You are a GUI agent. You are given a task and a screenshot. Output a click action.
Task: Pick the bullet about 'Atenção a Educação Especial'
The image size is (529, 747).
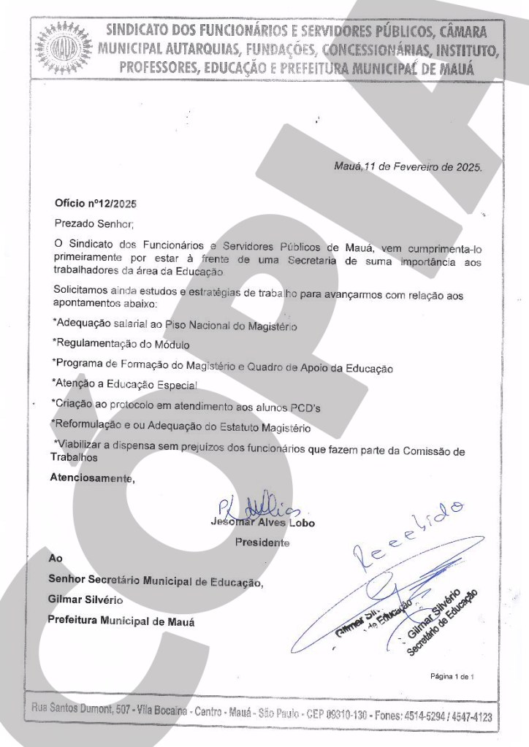coord(124,382)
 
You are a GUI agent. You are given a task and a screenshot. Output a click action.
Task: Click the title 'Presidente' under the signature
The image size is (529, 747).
coord(262,543)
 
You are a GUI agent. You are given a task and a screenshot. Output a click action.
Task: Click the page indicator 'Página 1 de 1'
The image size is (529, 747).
coord(453,677)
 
